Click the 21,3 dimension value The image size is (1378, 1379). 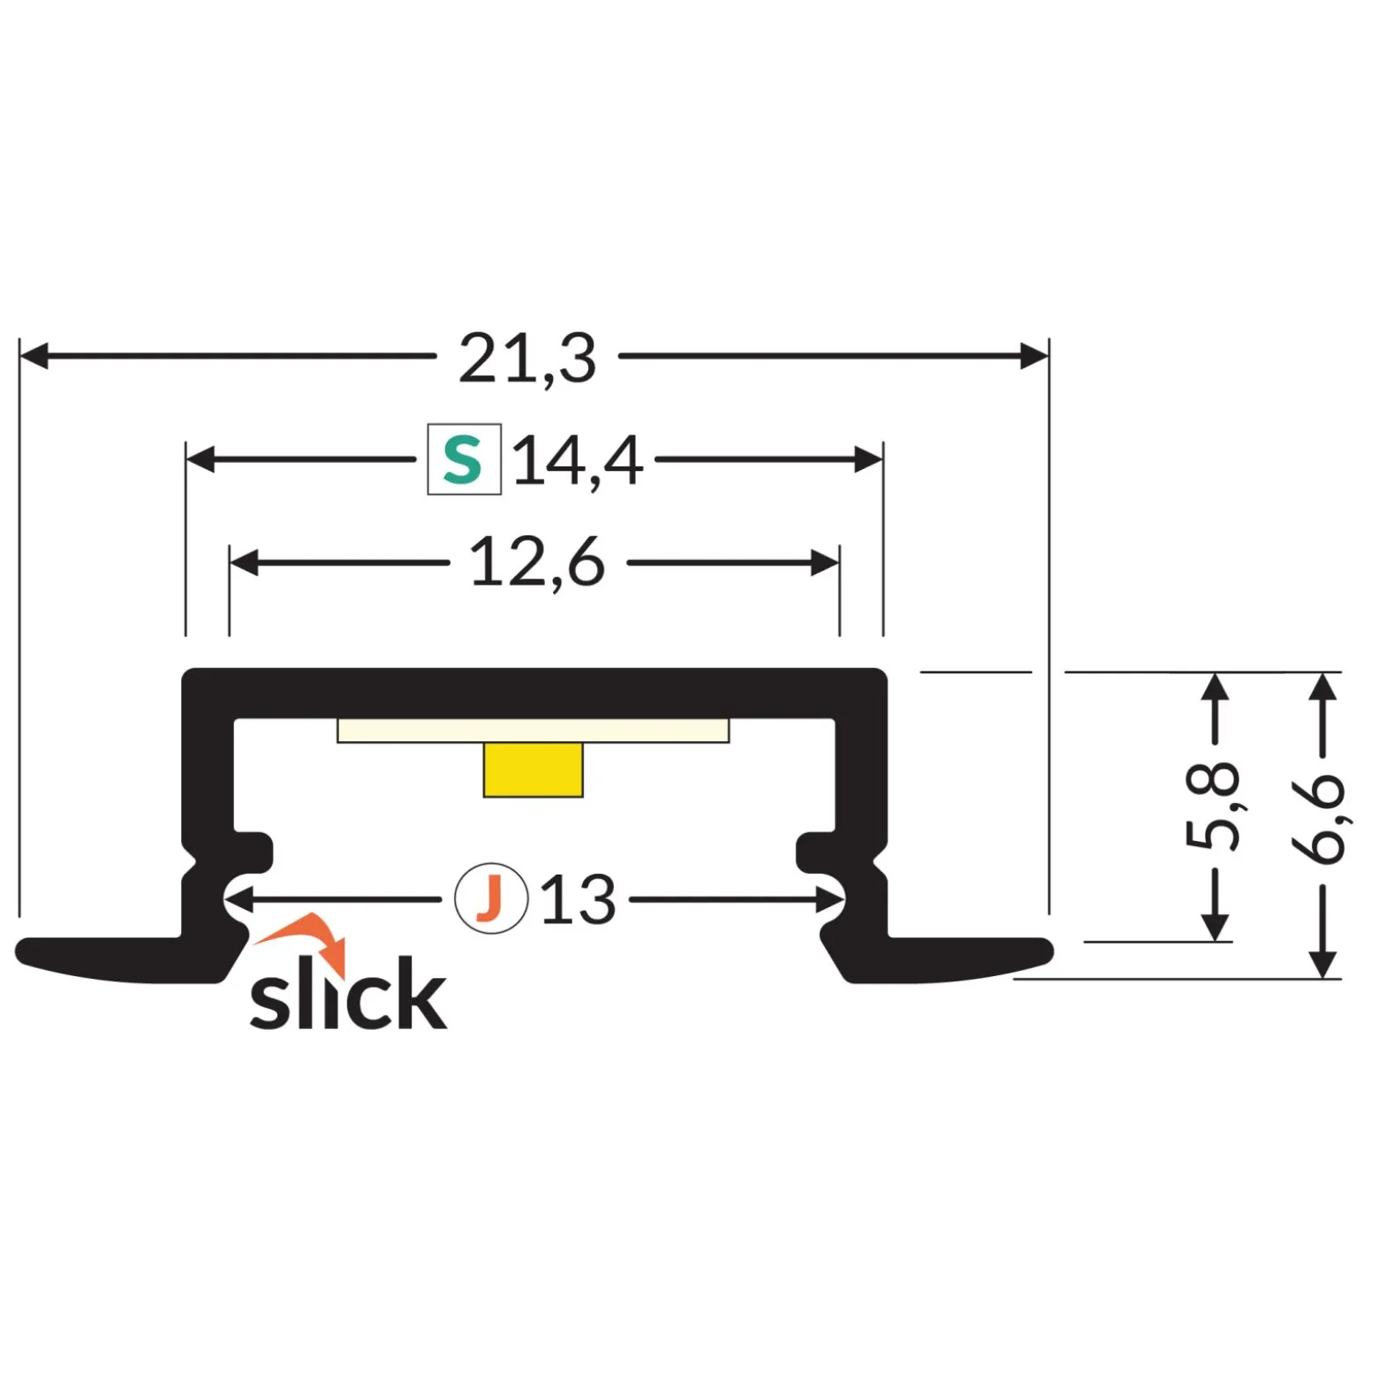click(527, 358)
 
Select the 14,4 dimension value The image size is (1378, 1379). click(578, 460)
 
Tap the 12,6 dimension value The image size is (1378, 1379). click(537, 562)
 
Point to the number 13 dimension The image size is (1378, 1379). click(578, 899)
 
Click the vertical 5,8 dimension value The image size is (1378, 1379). click(1212, 805)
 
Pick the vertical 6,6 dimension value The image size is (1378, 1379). click(1318, 818)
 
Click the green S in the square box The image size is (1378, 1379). click(463, 459)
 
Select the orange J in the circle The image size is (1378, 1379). click(489, 898)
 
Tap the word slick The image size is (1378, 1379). click(348, 993)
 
